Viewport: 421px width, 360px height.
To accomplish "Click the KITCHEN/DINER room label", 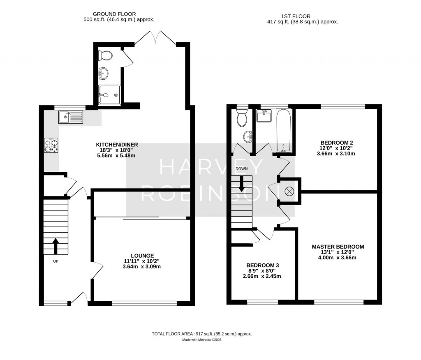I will coord(117,145).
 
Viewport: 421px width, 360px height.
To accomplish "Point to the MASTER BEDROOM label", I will coord(338,247).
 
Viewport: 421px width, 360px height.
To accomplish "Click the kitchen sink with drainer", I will coord(71,118).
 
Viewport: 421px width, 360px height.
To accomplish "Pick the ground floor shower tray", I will coord(110,95).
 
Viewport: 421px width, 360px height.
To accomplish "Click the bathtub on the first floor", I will coord(284,130).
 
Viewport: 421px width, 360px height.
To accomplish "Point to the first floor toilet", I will coord(242,119).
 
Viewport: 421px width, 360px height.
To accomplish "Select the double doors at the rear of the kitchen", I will coord(156,37).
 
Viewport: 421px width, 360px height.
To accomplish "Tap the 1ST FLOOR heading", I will coord(302,16).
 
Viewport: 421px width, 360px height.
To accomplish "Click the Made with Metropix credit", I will coord(202,340).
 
